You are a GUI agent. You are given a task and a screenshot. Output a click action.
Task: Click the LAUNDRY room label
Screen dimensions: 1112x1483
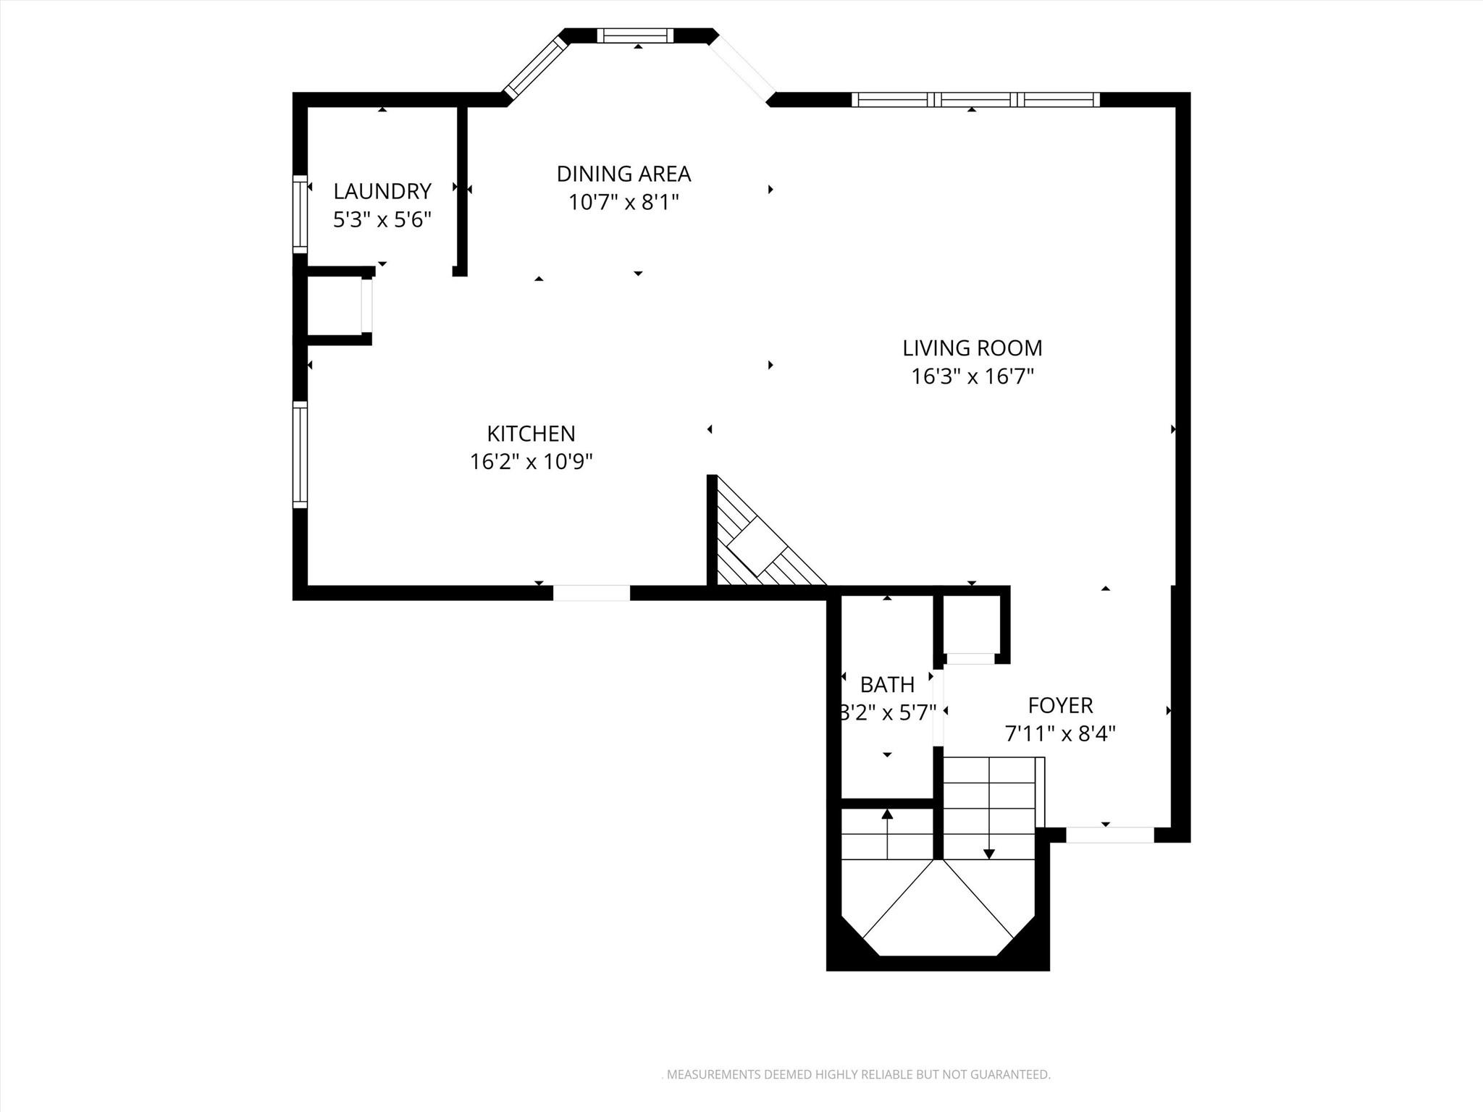(x=382, y=192)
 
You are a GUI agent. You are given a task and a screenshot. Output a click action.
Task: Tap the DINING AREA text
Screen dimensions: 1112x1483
(x=623, y=174)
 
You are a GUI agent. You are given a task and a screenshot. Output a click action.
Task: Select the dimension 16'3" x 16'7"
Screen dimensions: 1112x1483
(x=972, y=376)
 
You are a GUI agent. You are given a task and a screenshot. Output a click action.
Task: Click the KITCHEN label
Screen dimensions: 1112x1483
(x=531, y=434)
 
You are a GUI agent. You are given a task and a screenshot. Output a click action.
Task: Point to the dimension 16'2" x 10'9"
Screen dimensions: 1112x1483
(x=531, y=462)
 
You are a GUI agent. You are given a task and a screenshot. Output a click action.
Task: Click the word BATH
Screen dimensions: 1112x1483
(x=887, y=684)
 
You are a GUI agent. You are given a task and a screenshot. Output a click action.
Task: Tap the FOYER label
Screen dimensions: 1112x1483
(x=1060, y=705)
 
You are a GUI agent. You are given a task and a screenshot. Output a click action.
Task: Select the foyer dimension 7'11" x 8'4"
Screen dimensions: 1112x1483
(x=1060, y=734)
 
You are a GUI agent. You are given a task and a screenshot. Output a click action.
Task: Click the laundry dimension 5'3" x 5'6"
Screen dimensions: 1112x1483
(x=382, y=220)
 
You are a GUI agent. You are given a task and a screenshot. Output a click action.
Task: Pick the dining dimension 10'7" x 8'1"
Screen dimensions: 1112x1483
(x=623, y=202)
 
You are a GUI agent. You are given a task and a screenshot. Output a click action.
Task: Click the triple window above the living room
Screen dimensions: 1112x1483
(x=975, y=100)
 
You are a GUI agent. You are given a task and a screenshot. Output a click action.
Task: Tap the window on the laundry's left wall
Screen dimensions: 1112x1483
(x=300, y=214)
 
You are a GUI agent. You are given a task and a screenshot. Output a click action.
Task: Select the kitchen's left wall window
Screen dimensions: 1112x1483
(x=300, y=455)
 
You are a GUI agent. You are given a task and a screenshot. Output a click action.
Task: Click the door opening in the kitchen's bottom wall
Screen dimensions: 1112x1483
(x=592, y=593)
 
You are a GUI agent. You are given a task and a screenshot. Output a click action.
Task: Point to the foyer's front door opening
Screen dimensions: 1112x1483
(x=1109, y=835)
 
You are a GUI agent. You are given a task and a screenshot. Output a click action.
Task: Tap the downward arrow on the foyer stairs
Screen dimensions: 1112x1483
(x=989, y=853)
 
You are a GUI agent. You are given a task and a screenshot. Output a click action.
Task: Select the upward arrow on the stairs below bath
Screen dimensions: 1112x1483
(x=887, y=814)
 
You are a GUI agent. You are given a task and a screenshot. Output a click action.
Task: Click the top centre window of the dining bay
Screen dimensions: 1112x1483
(x=635, y=35)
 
